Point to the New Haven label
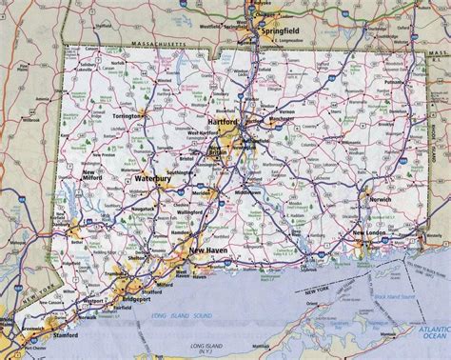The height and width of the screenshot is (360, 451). point(208,250)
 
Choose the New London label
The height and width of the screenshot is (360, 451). point(371,231)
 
